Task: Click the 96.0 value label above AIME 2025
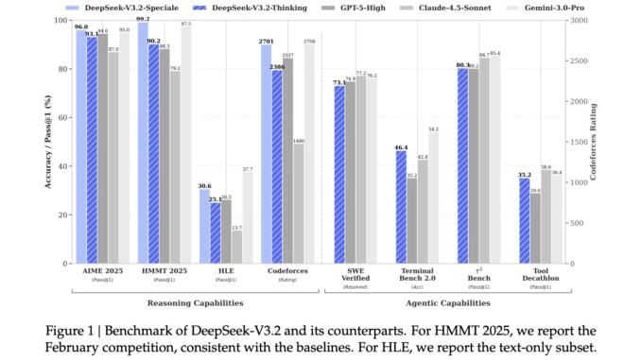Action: point(81,28)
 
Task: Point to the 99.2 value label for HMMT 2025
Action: point(143,19)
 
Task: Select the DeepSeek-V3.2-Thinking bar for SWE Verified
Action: point(338,175)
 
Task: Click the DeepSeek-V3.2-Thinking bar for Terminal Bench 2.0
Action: point(401,207)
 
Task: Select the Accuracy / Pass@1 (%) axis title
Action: point(45,142)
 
